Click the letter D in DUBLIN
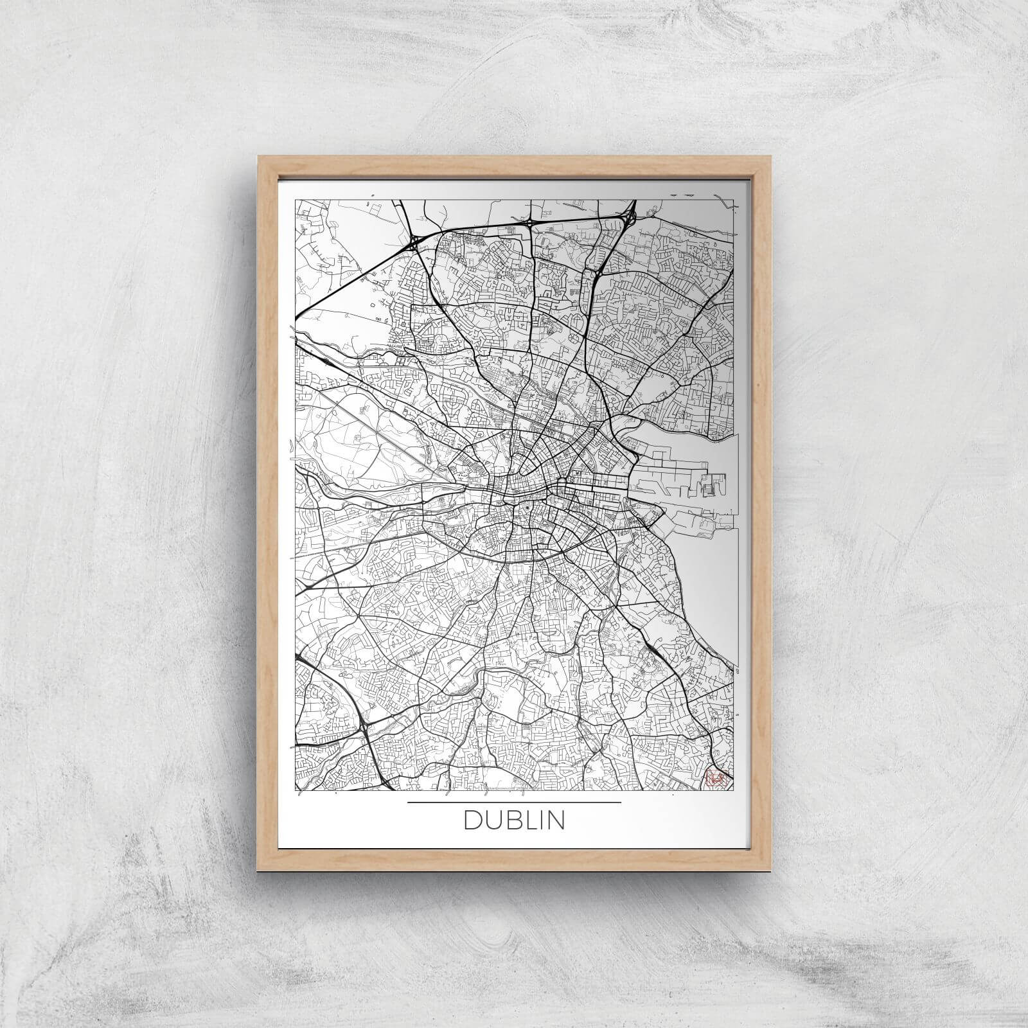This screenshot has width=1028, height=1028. [x=473, y=820]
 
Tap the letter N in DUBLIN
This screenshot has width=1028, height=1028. [x=556, y=820]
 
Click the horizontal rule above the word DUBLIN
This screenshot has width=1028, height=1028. [x=514, y=802]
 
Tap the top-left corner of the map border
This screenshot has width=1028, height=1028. [x=295, y=200]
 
